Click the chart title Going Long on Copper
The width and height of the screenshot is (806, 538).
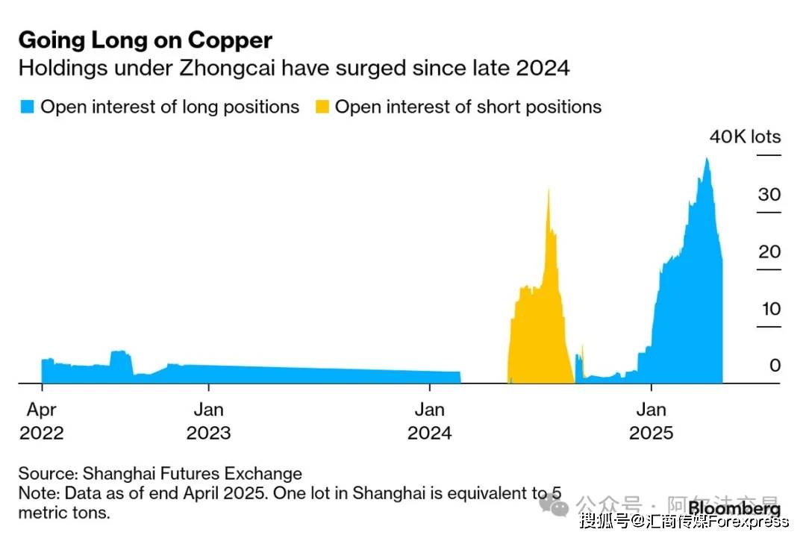click(146, 40)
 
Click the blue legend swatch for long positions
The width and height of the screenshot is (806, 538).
click(27, 107)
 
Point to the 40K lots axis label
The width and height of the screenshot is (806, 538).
click(744, 137)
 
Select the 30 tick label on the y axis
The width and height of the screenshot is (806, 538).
click(769, 195)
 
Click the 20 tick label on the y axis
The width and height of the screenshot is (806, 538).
click(769, 251)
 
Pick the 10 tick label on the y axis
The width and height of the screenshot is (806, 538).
click(769, 308)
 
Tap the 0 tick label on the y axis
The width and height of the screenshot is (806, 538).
click(775, 365)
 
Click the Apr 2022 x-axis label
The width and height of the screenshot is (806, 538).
click(42, 421)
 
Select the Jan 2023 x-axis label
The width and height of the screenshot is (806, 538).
click(208, 421)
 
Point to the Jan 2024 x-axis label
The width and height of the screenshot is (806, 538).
click(429, 421)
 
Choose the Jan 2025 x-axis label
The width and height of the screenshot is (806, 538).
click(652, 421)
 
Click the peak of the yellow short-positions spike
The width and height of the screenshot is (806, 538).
click(549, 190)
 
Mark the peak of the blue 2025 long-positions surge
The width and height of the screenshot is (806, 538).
click(706, 159)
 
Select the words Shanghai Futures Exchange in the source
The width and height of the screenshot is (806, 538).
click(193, 473)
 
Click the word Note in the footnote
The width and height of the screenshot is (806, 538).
click(38, 493)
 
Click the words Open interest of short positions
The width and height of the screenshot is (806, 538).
click(468, 107)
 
